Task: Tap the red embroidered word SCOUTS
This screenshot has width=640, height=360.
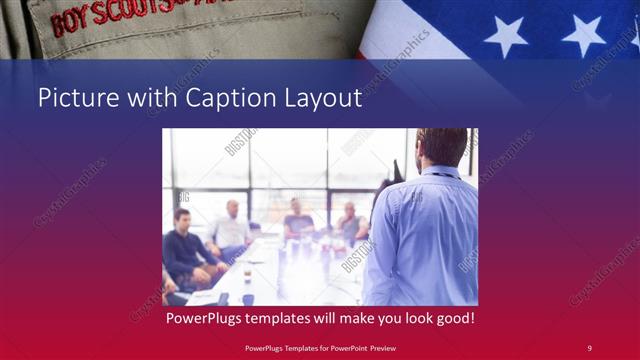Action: point(125,11)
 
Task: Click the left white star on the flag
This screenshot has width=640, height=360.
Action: point(506,35)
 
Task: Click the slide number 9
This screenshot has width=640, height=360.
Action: point(590,348)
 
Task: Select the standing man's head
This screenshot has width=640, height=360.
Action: point(440,146)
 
